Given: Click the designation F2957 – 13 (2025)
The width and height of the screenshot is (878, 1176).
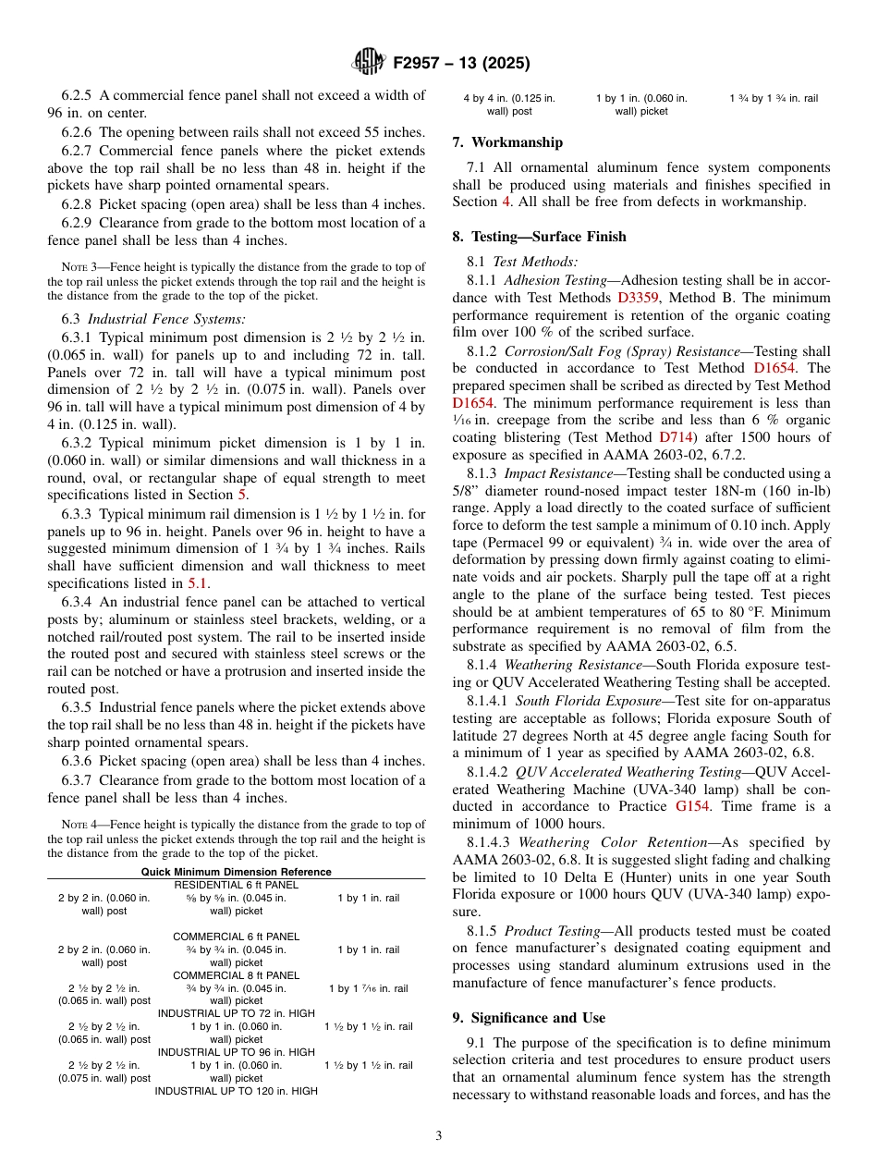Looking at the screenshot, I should pos(461,64).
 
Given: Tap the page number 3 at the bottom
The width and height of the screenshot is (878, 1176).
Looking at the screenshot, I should pos(439,1135).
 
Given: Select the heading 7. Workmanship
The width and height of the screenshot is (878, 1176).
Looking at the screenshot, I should pos(507,142).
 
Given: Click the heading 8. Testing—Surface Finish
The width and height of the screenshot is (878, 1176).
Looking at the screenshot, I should pos(539,237).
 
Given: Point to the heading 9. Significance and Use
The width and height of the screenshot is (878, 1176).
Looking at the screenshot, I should pos(529,1018).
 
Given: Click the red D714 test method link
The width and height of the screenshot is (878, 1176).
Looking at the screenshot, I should pos(675,436).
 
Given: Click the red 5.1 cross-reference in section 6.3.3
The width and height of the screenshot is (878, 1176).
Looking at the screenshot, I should pos(198,583).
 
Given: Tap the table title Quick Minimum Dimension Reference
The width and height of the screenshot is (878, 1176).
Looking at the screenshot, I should pos(236,872).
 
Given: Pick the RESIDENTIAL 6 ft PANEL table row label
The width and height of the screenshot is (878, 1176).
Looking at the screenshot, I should pos(237,885).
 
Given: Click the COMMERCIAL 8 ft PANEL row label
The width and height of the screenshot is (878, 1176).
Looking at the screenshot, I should pos(237,975).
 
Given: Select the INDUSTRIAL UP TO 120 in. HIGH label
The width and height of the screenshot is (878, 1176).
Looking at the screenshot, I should pos(237,1091).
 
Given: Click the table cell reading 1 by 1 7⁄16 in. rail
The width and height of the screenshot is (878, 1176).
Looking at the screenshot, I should pos(368,988).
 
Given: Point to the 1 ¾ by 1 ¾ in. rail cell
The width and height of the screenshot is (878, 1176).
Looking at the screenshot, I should pos(773,98).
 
